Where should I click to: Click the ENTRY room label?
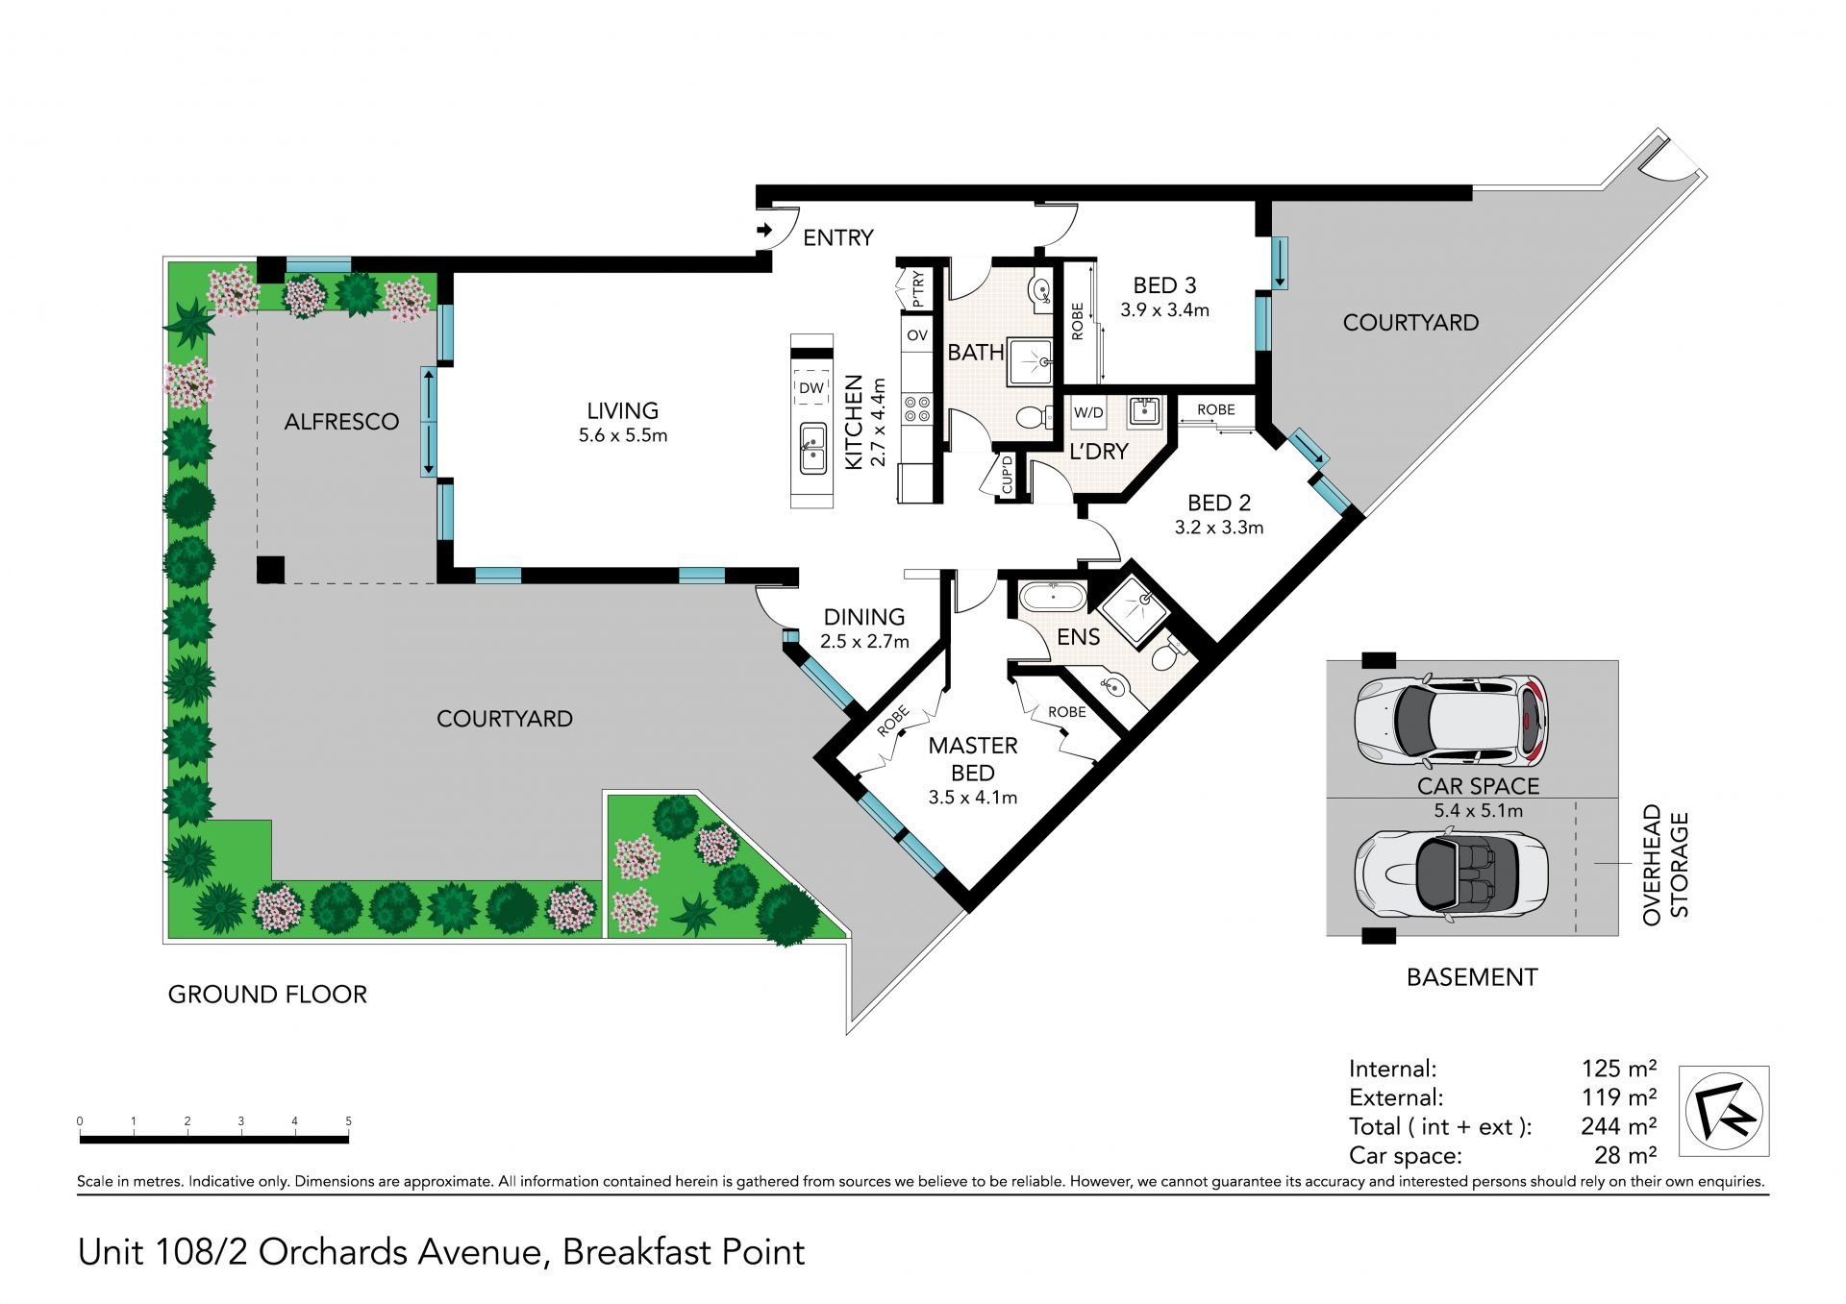(838, 237)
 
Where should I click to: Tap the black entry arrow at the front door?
(764, 230)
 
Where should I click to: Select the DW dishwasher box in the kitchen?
(811, 387)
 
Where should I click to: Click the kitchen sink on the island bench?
(812, 449)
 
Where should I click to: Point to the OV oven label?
(917, 335)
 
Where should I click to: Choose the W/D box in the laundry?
(1088, 412)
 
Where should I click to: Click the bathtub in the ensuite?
(1053, 597)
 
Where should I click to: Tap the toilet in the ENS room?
(1167, 653)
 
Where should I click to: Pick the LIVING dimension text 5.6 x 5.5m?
(623, 435)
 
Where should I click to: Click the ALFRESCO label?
(341, 421)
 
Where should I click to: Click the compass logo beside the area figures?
(1724, 1111)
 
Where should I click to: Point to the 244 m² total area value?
(1618, 1126)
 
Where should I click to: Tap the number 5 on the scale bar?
(348, 1121)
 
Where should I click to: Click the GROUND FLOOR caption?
(267, 995)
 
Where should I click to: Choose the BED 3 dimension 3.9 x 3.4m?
(1164, 310)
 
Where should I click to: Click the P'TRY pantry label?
(917, 288)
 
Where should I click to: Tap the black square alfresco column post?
(270, 570)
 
